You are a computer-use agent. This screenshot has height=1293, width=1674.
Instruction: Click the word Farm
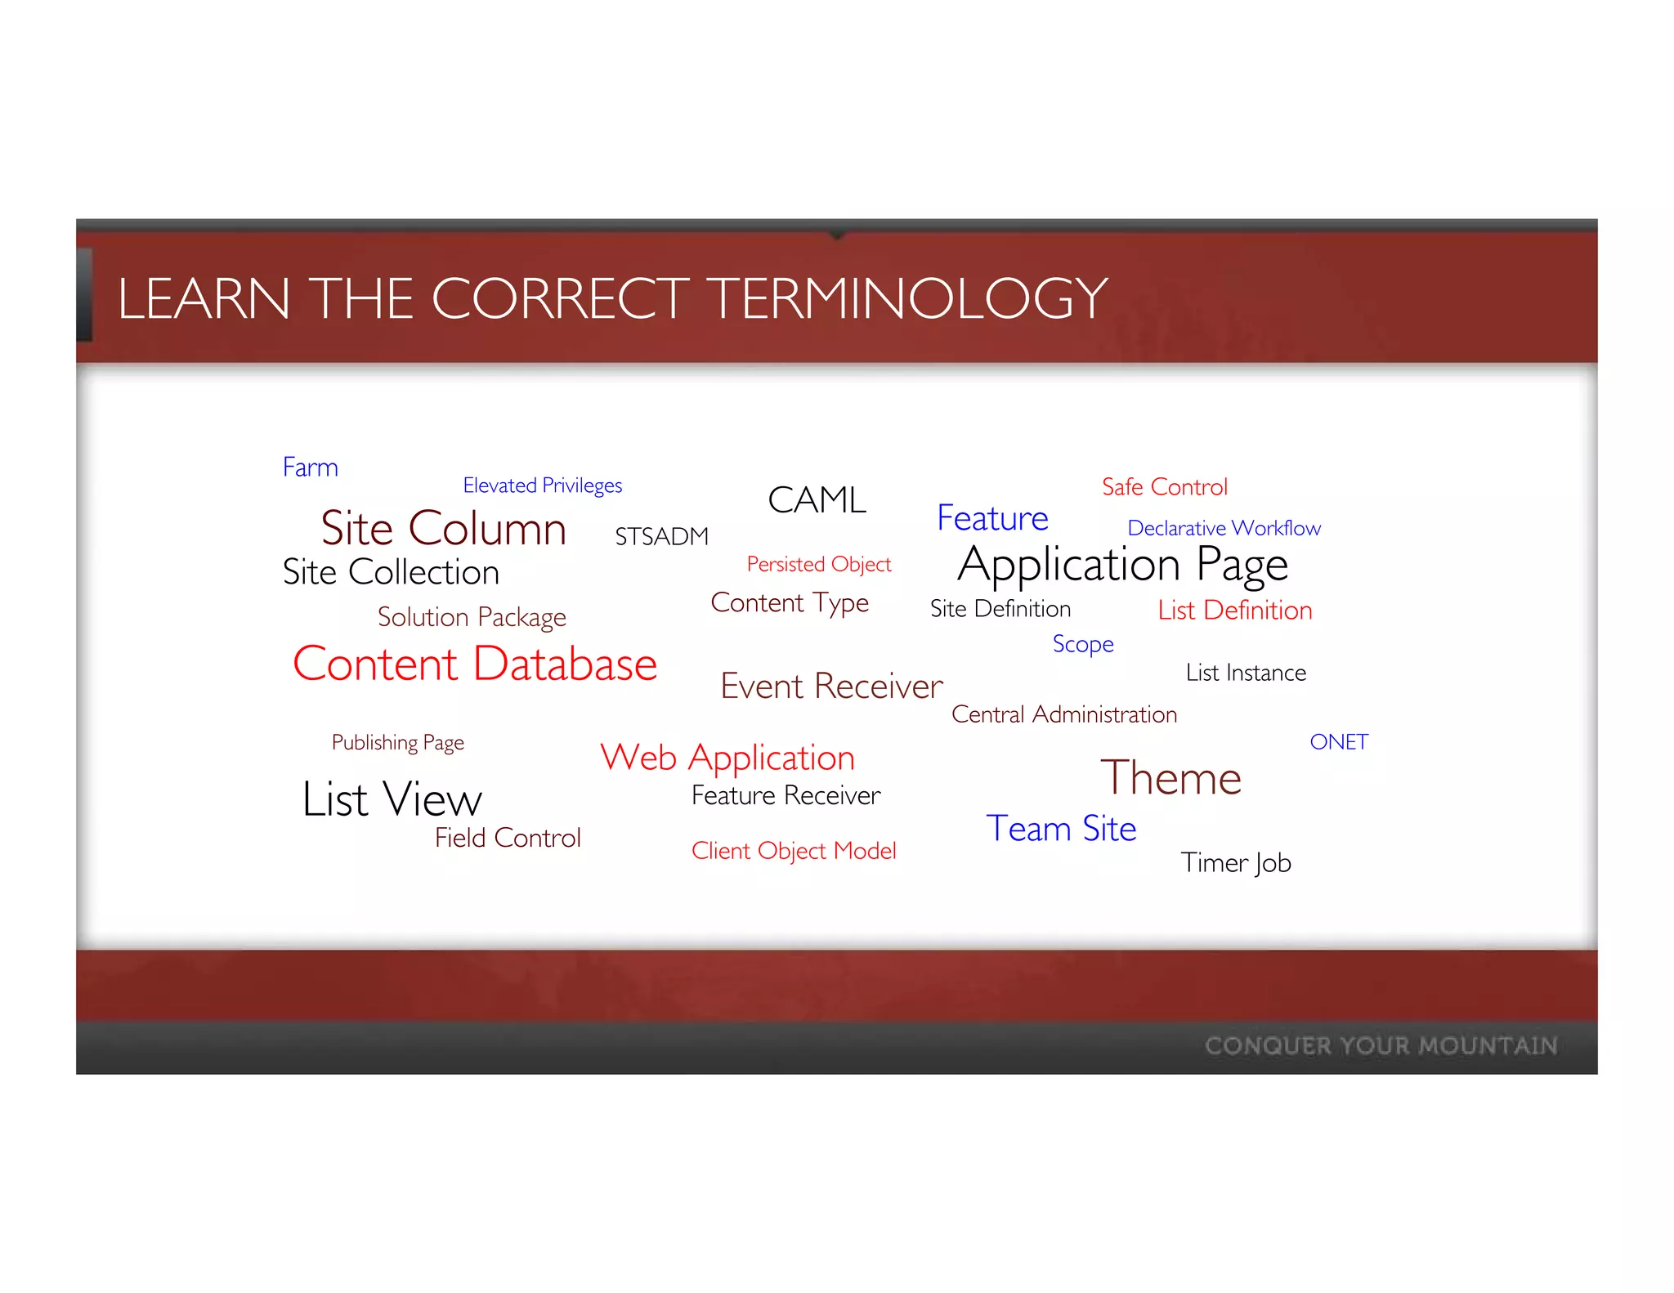(310, 468)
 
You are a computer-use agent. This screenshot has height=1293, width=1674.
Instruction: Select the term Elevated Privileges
(542, 485)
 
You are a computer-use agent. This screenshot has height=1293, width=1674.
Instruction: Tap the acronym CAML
(817, 499)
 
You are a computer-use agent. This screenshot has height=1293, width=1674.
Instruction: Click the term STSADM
(661, 537)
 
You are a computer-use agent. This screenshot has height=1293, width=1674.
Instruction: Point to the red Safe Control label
(1164, 487)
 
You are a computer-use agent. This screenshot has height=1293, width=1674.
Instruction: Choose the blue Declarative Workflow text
(1224, 528)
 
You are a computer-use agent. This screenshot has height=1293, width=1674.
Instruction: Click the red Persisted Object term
(818, 565)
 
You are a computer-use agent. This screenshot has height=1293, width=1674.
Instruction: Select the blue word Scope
(1082, 644)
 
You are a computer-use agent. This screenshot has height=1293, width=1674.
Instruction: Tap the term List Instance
(1246, 673)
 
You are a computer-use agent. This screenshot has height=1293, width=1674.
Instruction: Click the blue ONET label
(1338, 742)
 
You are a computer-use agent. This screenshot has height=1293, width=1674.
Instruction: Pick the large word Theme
(1170, 777)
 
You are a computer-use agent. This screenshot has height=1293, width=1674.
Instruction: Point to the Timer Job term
(1235, 863)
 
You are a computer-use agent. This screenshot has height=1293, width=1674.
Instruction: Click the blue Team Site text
(1061, 829)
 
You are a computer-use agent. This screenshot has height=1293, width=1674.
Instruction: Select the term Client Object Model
(794, 851)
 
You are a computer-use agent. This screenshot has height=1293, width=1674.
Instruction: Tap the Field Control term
(508, 838)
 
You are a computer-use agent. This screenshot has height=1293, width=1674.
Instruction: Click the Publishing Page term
(397, 742)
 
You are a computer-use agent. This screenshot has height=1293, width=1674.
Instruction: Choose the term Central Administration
(1063, 714)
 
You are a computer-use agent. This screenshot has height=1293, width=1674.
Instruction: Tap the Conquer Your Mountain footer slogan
(1381, 1045)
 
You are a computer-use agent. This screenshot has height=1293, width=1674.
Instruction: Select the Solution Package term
(472, 617)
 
